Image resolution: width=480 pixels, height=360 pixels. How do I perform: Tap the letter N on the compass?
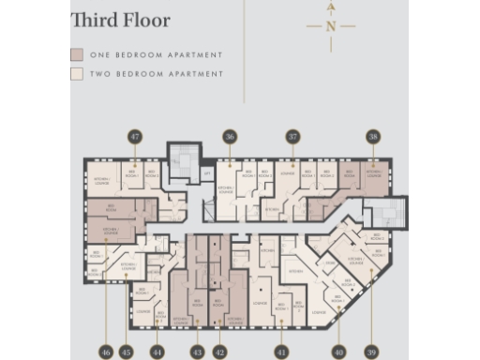pos(331,26)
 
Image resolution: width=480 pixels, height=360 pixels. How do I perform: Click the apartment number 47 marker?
pos(135,137)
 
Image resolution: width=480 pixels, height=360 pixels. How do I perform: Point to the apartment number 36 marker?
pos(230,137)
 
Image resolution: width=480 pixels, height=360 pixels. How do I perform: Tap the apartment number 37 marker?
pos(293,137)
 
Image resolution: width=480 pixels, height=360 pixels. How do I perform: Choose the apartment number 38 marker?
pos(373,137)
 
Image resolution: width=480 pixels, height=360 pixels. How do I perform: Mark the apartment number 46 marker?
pos(106,352)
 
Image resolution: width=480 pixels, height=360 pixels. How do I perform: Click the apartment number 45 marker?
pos(127,352)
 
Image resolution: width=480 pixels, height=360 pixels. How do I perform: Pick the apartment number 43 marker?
pos(197,352)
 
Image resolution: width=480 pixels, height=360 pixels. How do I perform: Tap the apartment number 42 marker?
pos(219,352)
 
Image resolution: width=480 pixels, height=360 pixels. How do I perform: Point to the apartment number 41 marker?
pos(280,352)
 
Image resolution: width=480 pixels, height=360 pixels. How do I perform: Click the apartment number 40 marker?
pos(338,352)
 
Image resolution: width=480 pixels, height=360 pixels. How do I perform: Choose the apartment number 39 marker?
pos(372,352)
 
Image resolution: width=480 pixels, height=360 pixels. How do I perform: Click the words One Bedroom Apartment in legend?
pos(156,55)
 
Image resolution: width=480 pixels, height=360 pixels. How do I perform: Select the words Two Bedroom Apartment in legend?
pos(156,73)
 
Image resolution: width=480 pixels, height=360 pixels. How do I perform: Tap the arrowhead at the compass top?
pos(331,6)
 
